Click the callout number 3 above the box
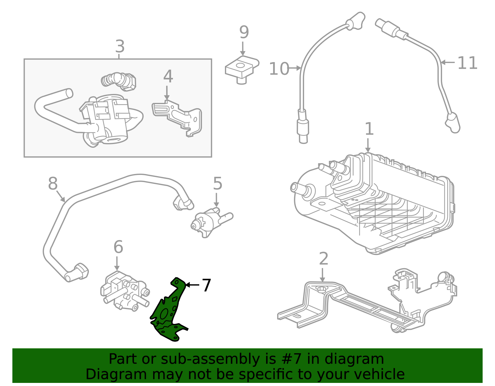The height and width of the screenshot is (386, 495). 120,47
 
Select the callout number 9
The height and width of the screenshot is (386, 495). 244,32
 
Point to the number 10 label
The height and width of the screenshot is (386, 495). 279,69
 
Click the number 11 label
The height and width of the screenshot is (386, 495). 467,63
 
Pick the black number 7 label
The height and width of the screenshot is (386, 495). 206,285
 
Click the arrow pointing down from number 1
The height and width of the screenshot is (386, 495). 368,146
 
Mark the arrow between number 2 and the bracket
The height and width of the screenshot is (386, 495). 322,275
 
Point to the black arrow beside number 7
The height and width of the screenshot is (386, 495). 192,285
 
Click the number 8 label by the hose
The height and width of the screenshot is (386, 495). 53,184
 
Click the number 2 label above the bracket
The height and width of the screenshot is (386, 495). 323,259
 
